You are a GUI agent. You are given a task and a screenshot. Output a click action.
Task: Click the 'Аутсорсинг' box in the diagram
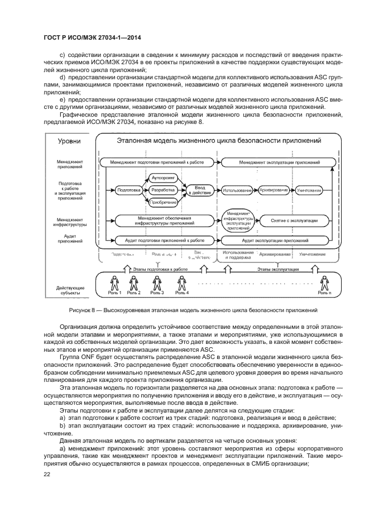click(164, 178)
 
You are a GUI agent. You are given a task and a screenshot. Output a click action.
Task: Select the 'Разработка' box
click(164, 190)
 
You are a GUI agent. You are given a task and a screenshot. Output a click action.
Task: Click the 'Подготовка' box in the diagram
click(128, 190)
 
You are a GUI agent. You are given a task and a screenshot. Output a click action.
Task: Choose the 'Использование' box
click(237, 190)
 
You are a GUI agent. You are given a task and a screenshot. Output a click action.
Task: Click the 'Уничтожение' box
click(309, 190)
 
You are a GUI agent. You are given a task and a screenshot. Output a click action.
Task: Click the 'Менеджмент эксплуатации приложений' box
click(279, 162)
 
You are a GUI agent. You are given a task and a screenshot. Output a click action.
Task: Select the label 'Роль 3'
click(157, 293)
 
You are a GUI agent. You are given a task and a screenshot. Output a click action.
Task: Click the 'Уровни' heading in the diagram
click(70, 142)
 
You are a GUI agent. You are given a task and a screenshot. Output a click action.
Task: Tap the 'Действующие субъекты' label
click(70, 290)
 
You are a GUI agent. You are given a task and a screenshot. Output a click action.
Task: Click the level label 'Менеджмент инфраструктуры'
click(70, 222)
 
